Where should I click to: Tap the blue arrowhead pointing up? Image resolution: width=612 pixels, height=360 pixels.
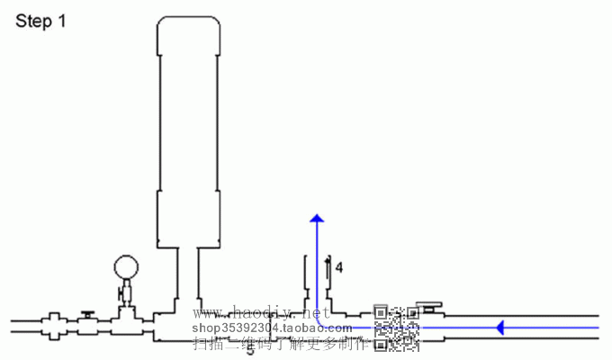coord(316,219)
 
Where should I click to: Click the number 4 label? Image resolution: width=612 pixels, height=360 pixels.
coord(339,267)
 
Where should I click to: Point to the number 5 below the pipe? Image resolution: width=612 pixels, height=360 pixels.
coord(250,349)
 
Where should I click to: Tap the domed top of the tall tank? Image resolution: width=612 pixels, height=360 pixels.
coord(188,31)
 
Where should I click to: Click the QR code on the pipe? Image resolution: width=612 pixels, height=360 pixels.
coord(396,328)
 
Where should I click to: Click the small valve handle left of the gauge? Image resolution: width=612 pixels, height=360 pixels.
coord(87,313)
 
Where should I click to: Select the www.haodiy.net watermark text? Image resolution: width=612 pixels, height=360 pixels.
coord(256,314)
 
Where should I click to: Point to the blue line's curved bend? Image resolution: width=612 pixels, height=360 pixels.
coord(320,322)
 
